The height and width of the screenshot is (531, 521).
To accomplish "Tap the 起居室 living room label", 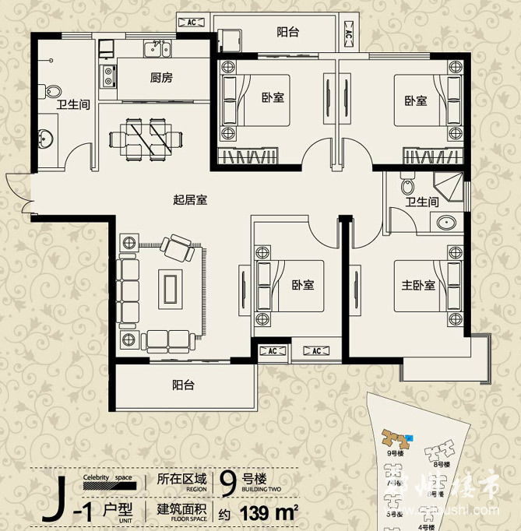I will click(189, 199).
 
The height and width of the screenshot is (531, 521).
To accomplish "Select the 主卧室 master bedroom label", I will click(419, 285).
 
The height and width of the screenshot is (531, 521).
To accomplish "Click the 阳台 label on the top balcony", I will click(288, 32).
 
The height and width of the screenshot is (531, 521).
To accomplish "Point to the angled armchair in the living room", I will click(179, 249).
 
